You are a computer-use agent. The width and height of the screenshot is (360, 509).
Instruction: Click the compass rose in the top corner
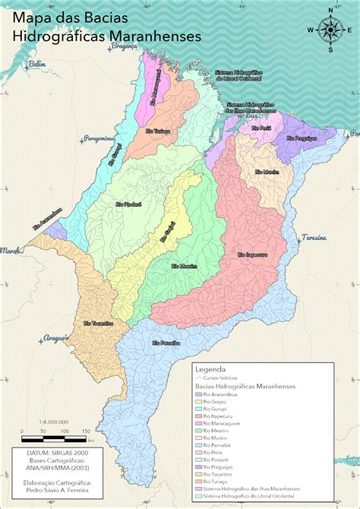[330, 30]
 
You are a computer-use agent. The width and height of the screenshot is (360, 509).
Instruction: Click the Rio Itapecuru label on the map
[251, 254]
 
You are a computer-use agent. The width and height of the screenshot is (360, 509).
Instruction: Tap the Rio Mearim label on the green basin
[185, 265]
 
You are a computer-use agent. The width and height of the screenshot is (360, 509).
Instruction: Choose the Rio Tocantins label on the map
[98, 324]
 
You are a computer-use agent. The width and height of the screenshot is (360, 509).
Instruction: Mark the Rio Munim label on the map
[267, 172]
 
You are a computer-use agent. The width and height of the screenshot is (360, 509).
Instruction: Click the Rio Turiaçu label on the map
[159, 131]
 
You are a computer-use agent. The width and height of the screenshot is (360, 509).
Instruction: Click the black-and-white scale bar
[53, 439]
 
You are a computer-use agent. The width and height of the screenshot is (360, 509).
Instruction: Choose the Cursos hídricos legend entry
[220, 378]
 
